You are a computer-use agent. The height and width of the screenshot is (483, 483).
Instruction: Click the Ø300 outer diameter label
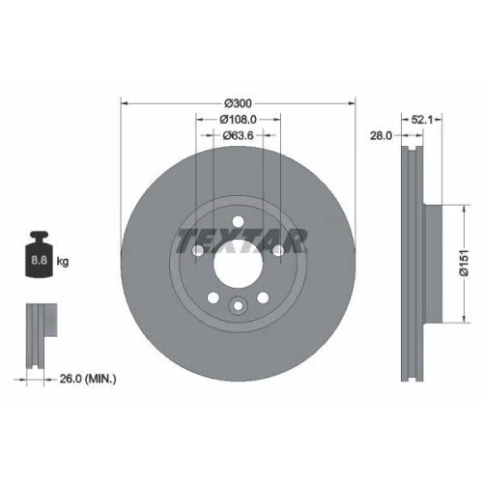238,103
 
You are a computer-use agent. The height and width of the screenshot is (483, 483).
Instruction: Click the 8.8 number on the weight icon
38,260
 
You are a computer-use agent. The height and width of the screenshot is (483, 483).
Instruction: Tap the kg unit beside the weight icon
64,261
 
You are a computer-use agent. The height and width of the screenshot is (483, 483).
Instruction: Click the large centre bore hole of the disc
238,260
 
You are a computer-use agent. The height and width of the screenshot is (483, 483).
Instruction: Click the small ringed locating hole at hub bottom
238,306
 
